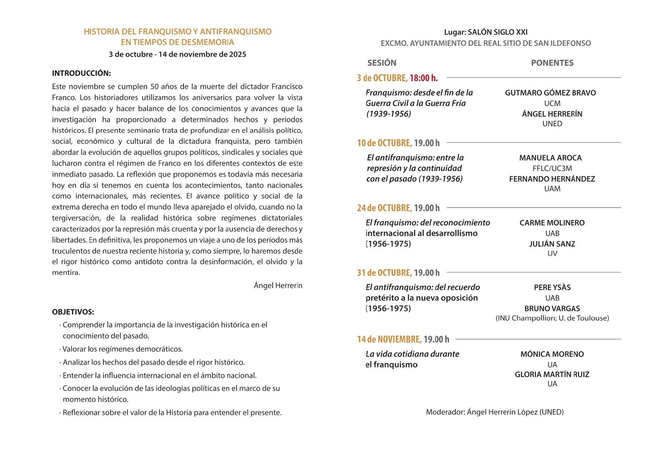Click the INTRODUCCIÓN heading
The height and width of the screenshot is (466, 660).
tap(81, 73)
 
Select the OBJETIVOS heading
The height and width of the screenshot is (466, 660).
tap(73, 312)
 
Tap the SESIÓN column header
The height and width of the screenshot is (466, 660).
tap(382, 63)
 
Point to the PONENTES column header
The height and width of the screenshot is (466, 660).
tap(552, 63)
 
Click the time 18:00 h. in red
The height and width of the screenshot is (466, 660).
tap(423, 78)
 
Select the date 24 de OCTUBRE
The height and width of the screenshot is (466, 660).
tap(384, 208)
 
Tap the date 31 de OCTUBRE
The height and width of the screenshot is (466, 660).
tap(384, 273)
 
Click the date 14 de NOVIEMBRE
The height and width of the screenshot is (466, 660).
tap(389, 339)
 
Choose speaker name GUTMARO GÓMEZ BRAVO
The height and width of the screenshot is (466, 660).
tap(550, 93)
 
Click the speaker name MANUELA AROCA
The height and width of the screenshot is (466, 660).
tap(550, 158)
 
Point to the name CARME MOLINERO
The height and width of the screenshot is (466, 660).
tap(552, 223)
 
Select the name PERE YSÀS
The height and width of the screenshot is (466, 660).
tap(552, 287)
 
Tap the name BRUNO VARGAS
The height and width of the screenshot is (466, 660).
tap(552, 309)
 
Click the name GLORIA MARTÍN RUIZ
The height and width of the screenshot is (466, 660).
tap(552, 374)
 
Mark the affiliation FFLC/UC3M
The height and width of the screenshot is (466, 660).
tap(552, 168)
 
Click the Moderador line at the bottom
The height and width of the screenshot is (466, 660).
tap(495, 412)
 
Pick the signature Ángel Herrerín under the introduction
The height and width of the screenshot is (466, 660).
tap(278, 286)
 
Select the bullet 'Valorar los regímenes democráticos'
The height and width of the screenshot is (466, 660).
tap(122, 349)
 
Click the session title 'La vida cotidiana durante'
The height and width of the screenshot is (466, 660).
tap(412, 354)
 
